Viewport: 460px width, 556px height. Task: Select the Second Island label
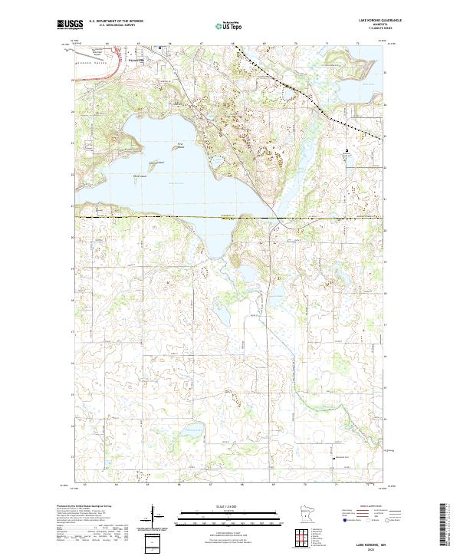(x=156, y=162)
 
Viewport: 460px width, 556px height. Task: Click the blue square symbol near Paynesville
(x=159, y=48)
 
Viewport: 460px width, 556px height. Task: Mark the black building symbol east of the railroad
(x=346, y=150)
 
